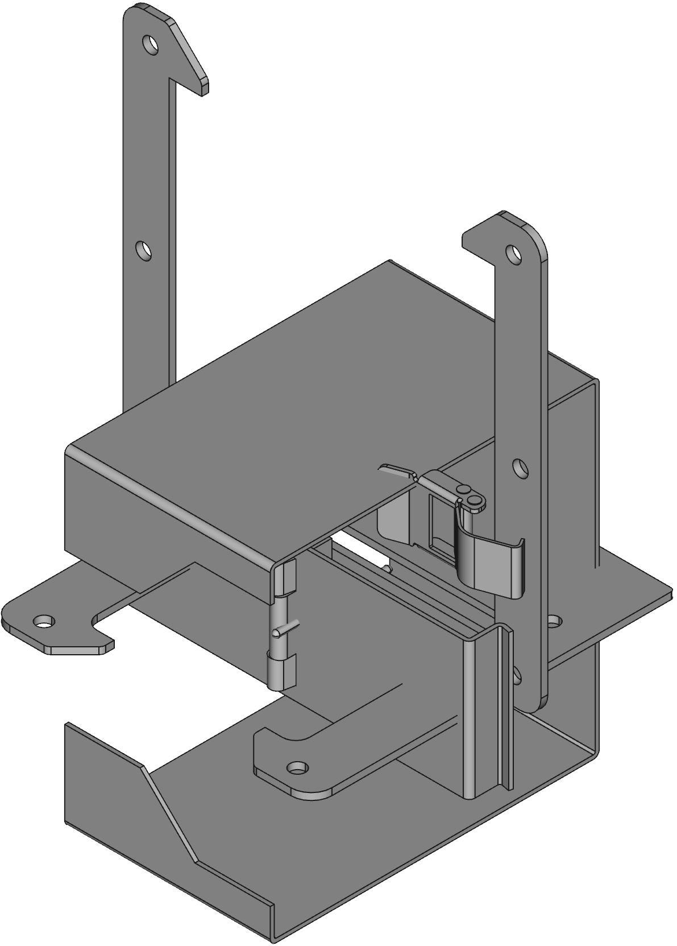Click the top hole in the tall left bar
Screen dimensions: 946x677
tap(151, 44)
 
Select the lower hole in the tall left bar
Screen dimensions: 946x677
tap(144, 250)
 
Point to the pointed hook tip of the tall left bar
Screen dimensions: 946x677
tap(203, 88)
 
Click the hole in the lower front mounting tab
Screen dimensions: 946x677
tap(296, 769)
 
